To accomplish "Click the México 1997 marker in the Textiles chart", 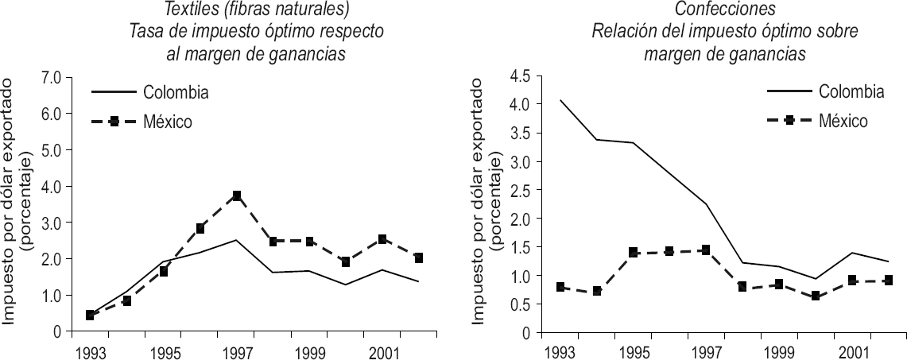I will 236,195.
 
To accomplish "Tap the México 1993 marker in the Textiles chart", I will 90,315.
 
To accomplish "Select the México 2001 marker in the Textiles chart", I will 382,239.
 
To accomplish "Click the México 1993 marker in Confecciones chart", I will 560,287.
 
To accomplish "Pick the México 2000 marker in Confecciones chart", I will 816,296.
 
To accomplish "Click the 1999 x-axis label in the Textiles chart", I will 308,350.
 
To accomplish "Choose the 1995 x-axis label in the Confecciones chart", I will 633,350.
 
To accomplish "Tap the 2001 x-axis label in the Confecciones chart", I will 852,350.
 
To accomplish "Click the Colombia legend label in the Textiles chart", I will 176,92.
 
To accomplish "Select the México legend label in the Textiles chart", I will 169,122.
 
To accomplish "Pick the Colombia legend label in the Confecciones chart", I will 851,91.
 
